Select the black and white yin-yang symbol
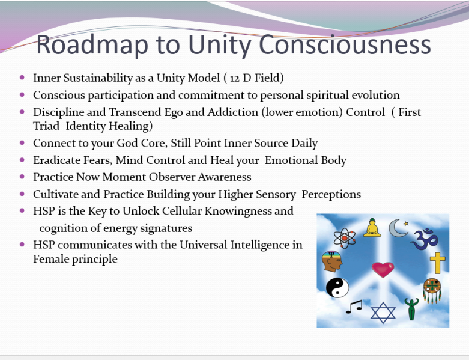tap(337, 288)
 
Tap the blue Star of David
tap(383, 312)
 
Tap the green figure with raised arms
tap(411, 308)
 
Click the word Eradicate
tap(55, 160)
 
